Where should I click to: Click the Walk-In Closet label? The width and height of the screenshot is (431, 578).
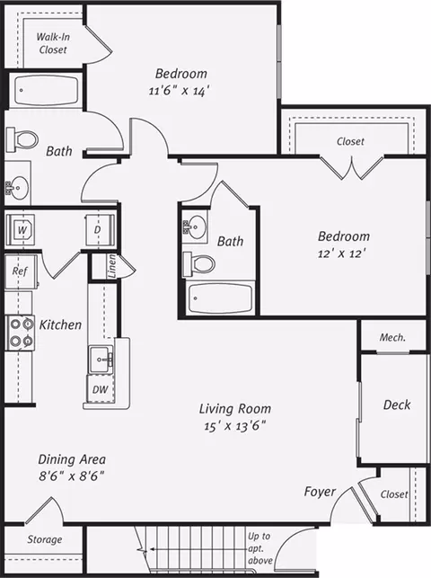(53, 43)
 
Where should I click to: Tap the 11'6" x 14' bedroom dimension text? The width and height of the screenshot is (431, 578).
(180, 90)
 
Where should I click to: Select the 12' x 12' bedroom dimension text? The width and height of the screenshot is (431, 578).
(342, 253)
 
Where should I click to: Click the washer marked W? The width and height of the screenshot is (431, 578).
(21, 230)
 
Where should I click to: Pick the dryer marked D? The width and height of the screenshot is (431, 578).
(100, 230)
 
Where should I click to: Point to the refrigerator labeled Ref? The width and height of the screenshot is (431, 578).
(21, 271)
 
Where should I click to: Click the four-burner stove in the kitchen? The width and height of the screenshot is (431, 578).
(20, 333)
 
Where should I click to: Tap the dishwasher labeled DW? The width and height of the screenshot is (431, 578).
(100, 389)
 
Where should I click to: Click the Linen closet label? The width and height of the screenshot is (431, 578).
(112, 265)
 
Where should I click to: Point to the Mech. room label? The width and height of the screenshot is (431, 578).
(392, 337)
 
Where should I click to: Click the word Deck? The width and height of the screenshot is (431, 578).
(397, 405)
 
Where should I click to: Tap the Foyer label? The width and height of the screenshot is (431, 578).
(320, 492)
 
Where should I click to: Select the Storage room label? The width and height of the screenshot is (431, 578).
(45, 539)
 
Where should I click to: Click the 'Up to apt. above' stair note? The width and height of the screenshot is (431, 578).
(259, 548)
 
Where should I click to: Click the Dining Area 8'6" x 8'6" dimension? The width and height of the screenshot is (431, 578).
(72, 476)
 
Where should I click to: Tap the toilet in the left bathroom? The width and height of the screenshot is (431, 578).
(22, 139)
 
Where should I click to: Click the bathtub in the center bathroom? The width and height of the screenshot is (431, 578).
(220, 298)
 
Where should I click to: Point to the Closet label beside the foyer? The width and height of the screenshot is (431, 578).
(394, 494)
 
